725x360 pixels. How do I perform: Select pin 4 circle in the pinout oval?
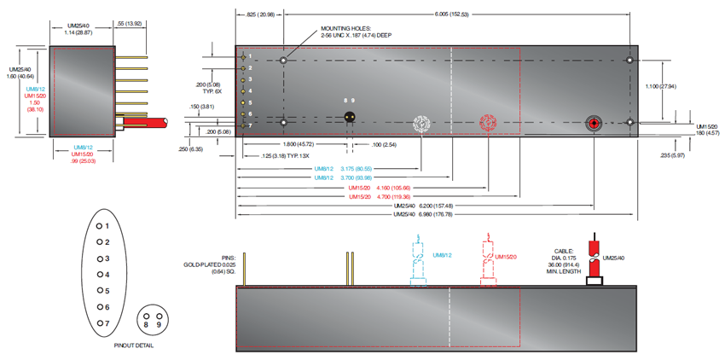pyautogui.click(x=100, y=275)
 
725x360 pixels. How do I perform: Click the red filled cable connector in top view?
pyautogui.click(x=594, y=124)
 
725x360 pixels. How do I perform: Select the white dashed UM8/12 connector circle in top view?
pyautogui.click(x=420, y=124)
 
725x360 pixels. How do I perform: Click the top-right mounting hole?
pyautogui.click(x=629, y=61)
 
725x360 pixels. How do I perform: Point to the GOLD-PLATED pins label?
pyautogui.click(x=208, y=265)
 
